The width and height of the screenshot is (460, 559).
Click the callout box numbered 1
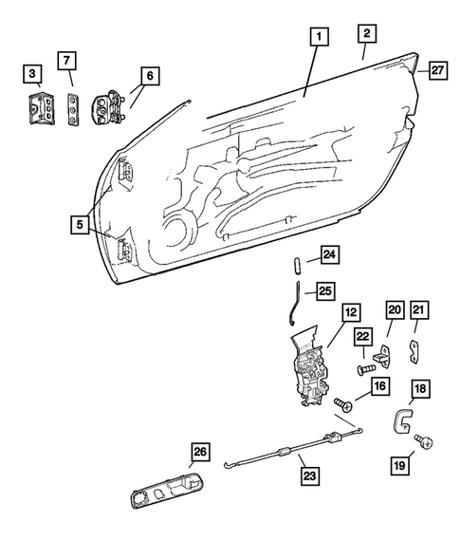click(321, 38)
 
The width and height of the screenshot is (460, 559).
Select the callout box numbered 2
click(366, 34)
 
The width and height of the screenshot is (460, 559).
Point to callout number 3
click(33, 72)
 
